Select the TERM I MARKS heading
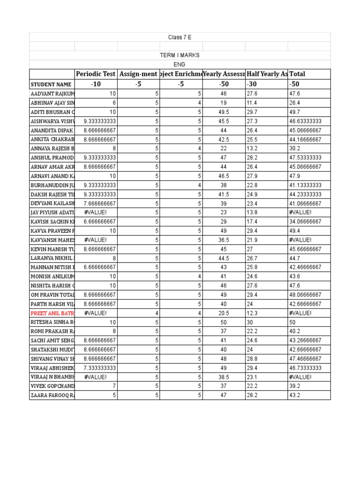click(180, 55)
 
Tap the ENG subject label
click(180, 65)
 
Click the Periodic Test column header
click(96, 74)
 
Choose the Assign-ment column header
click(138, 74)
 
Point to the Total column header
click(297, 74)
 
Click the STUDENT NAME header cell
click(51, 84)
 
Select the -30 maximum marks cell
click(253, 84)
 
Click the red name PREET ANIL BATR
click(52, 313)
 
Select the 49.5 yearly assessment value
click(223, 112)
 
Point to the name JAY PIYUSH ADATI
click(52, 212)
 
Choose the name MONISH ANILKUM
click(52, 277)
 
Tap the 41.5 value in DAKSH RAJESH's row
click(223, 194)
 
